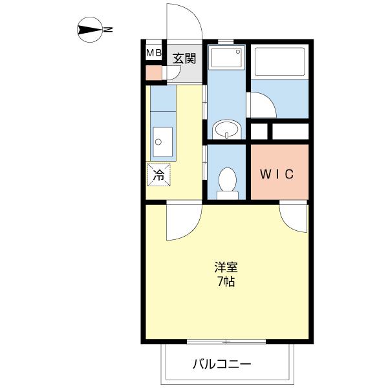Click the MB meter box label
pos(154,52)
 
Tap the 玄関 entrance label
pos(184,58)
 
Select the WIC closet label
pos(277,174)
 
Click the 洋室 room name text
pos(226,267)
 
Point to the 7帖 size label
pos(226,281)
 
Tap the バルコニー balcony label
pos(222,364)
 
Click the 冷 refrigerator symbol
pos(159,175)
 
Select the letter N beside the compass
pos(108,30)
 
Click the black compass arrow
pos(90,30)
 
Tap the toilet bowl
pos(228,182)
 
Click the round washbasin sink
pos(227,129)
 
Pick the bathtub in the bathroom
pos(279,61)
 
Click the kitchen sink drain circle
pos(158,142)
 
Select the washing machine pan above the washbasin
pos(226,58)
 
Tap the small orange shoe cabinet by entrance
pos(154,73)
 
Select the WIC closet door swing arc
pos(287,224)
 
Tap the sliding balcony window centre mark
pos(226,341)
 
